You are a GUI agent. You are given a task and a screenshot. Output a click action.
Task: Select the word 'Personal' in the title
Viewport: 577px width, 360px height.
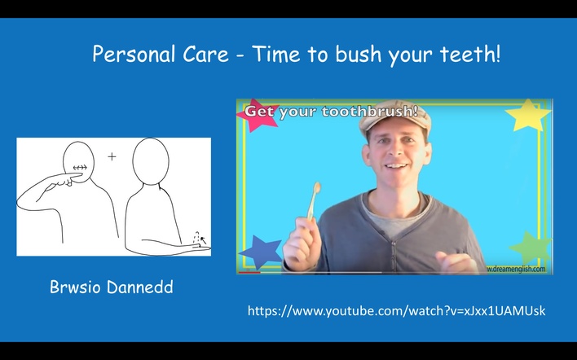pyautogui.click(x=134, y=54)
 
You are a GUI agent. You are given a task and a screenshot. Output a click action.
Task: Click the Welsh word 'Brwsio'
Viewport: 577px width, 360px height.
pyautogui.click(x=75, y=287)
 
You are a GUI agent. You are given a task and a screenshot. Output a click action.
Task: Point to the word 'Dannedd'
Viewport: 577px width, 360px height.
pyautogui.click(x=140, y=287)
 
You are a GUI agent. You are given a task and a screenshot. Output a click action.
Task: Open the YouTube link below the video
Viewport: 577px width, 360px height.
pyautogui.click(x=396, y=311)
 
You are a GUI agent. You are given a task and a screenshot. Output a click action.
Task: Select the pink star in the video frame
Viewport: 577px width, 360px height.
pyautogui.click(x=253, y=115)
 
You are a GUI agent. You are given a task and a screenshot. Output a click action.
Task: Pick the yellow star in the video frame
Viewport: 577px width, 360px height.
pyautogui.click(x=528, y=115)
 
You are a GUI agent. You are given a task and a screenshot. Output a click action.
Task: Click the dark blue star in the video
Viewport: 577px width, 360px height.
pyautogui.click(x=261, y=251)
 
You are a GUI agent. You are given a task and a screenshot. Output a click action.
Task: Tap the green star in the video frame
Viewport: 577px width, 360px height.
pyautogui.click(x=531, y=248)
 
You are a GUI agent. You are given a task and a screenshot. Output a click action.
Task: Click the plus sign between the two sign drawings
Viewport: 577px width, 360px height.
pyautogui.click(x=112, y=157)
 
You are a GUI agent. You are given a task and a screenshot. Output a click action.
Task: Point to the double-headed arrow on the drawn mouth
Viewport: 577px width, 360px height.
pyautogui.click(x=80, y=168)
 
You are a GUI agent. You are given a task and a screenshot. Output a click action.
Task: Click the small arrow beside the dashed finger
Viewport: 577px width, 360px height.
pyautogui.click(x=203, y=241)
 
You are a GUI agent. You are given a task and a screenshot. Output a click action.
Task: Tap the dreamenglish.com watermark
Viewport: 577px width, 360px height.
pyautogui.click(x=516, y=269)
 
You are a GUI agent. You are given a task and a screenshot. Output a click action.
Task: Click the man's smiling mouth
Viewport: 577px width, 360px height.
pyautogui.click(x=395, y=166)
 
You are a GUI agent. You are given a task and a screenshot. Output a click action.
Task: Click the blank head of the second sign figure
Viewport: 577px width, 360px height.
pyautogui.click(x=151, y=161)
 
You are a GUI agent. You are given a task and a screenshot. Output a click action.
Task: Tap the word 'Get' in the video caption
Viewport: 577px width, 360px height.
pyautogui.click(x=259, y=111)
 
